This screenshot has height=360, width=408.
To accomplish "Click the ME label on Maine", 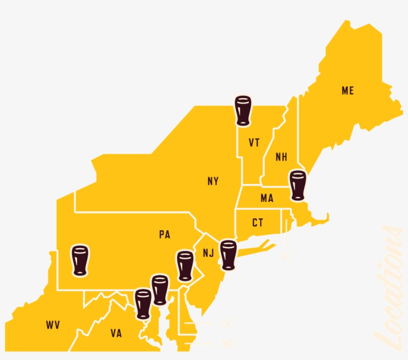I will [347, 91].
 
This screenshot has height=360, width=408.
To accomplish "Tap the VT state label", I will [254, 143].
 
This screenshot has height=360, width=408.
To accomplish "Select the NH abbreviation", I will [281, 157].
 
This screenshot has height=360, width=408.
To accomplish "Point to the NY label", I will [213, 181].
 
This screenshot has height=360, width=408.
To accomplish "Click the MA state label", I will [267, 198].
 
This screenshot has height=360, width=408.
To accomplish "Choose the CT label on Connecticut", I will [257, 223].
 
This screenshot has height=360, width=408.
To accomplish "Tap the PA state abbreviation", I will [165, 235].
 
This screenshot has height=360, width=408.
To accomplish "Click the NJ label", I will [208, 253].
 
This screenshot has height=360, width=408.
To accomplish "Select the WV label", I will [53, 326].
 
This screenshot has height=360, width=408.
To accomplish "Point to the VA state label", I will [116, 334].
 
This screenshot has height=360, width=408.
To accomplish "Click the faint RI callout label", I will [286, 257].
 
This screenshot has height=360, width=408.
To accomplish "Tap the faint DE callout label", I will [227, 324].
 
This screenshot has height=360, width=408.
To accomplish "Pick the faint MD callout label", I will [228, 343].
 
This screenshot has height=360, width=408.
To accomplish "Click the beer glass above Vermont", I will [243, 110].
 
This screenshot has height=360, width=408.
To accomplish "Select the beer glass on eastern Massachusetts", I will [298, 185].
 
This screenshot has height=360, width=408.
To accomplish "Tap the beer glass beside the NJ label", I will [228, 255].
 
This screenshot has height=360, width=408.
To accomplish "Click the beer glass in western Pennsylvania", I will [80, 260].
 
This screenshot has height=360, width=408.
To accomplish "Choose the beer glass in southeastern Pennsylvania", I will [185, 266].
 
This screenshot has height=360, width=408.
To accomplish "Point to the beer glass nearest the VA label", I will [143, 304].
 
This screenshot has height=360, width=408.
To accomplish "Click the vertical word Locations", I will [389, 288].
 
